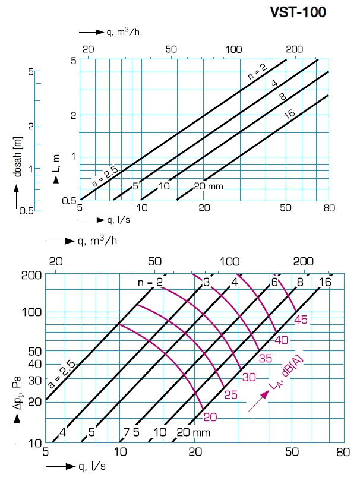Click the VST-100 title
point(298,12)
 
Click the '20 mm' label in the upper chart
point(209,186)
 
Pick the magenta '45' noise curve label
point(301,321)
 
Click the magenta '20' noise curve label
point(210,417)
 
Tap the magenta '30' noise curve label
point(248,377)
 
